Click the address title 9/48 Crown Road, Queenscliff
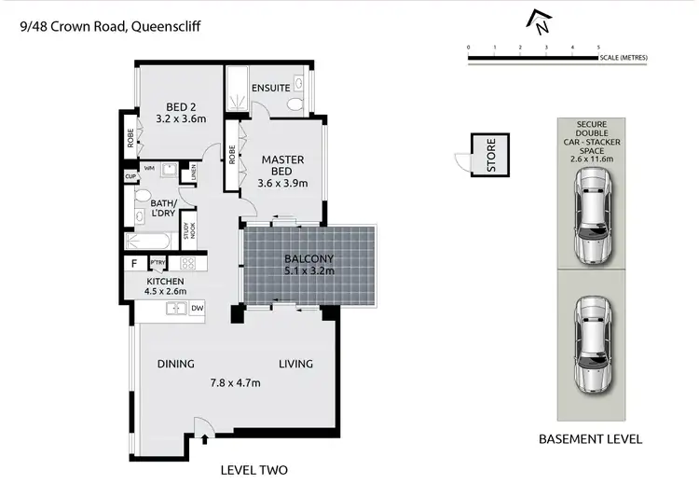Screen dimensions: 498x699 coord(109,27)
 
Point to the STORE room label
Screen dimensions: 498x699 coord(489,156)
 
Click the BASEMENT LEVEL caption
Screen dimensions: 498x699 coord(591,438)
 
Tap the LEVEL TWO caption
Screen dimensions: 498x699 coord(254,470)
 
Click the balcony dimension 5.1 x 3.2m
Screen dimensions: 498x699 coord(308,271)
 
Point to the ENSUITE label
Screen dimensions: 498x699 coord(270,88)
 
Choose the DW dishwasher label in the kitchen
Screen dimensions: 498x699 coord(197,309)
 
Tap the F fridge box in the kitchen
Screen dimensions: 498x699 coord(134,265)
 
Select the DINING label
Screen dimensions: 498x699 coord(175,364)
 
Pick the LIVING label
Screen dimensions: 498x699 coord(295,364)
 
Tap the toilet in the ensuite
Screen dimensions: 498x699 coord(297,102)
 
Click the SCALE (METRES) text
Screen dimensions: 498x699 coord(624,58)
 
